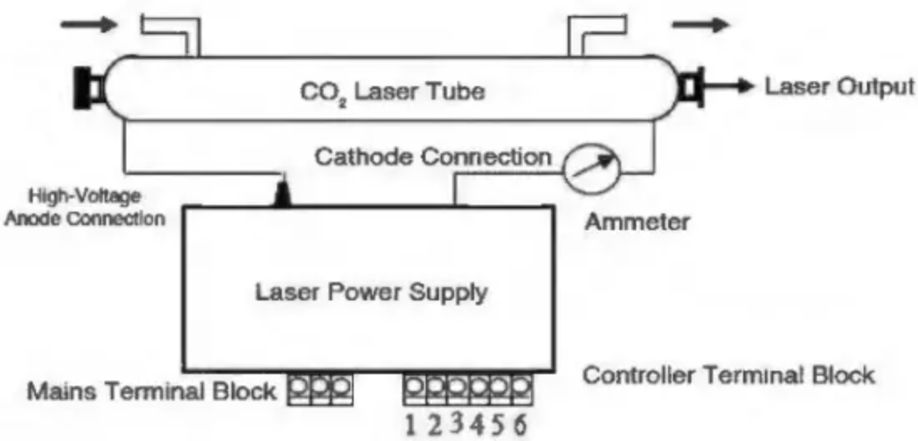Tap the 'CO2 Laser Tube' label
point(390,90)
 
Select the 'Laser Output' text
point(838,86)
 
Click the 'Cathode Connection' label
point(432,156)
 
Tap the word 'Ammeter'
point(637,222)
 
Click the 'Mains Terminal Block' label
point(153,391)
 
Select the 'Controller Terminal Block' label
point(727,374)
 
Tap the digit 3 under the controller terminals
point(456,423)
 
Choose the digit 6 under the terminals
point(520,424)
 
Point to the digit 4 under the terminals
point(477,424)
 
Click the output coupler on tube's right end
point(692,87)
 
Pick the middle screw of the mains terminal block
point(319,387)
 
